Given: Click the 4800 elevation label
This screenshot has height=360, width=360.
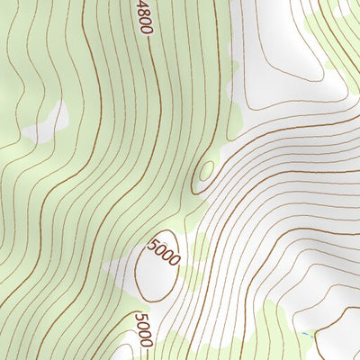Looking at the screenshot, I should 144,16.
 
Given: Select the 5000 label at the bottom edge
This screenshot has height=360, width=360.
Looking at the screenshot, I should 144,329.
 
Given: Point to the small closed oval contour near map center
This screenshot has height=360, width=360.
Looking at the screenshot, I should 206,171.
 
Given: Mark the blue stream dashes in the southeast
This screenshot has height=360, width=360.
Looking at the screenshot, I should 310,335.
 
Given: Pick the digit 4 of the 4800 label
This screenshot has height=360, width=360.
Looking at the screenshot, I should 141,5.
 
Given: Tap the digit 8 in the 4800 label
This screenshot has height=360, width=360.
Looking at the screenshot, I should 143,12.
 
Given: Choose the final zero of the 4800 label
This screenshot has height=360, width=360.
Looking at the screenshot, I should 147,29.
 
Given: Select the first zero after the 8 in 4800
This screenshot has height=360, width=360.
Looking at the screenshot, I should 145,21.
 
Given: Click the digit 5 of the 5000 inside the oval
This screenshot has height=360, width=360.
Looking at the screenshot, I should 157,244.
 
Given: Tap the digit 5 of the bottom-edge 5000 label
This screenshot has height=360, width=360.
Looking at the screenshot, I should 141,317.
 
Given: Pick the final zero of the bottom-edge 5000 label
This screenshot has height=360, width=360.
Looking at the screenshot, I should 147,342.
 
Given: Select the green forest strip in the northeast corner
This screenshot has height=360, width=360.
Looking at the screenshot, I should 337,36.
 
